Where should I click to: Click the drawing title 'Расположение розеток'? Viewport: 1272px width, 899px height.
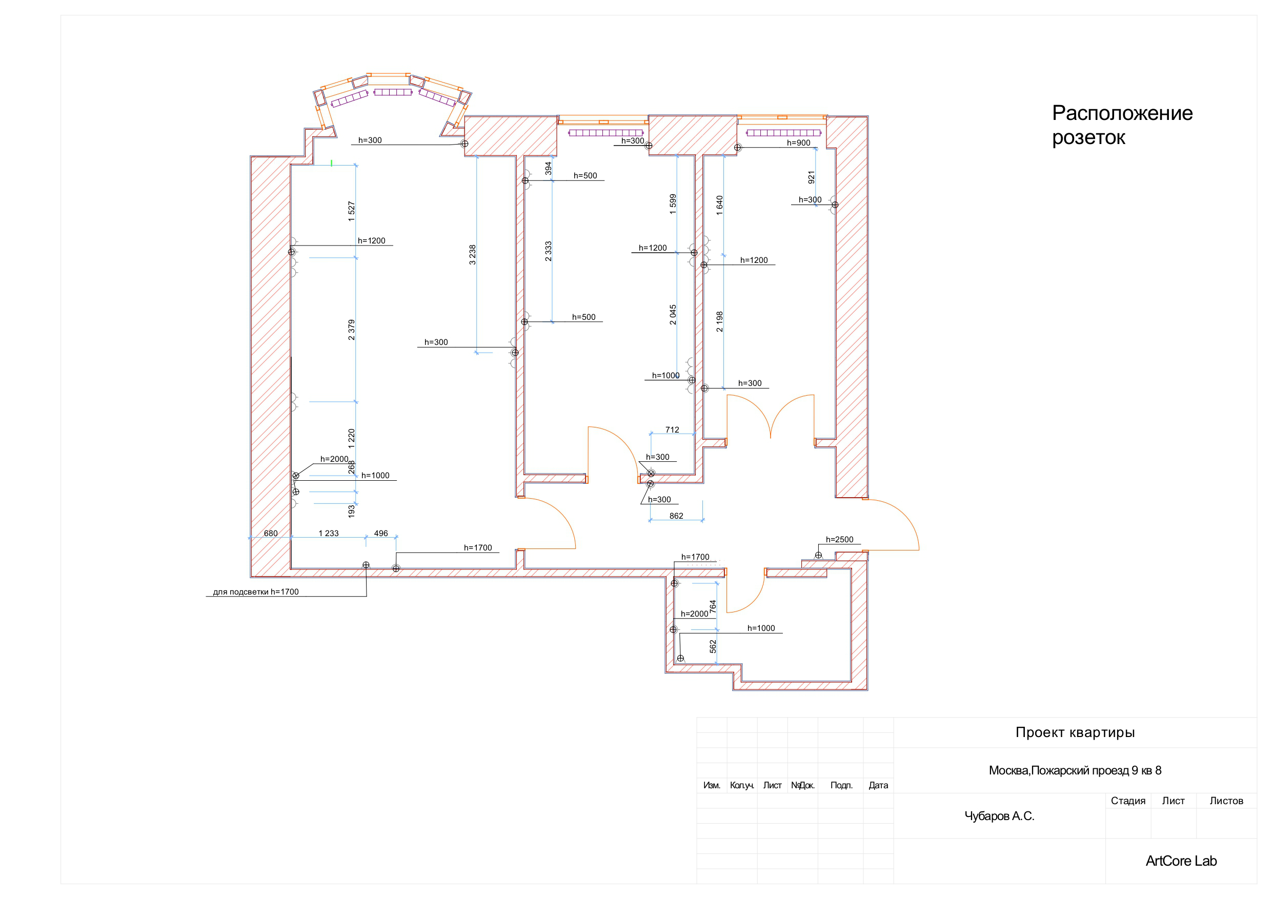[x=1122, y=125]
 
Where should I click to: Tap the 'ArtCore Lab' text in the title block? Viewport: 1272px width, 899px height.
[x=1181, y=861]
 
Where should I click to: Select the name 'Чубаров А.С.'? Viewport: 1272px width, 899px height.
[x=999, y=816]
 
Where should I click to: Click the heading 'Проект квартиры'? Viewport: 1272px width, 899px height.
[x=1075, y=733]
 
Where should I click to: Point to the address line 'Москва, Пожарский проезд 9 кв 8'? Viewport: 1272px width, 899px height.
[x=1075, y=770]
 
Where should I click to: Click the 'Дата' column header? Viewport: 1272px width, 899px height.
[x=878, y=785]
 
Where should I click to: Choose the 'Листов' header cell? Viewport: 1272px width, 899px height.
[x=1226, y=801]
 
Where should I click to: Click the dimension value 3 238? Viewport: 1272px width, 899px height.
[x=473, y=255]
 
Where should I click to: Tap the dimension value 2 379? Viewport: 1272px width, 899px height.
[x=351, y=330]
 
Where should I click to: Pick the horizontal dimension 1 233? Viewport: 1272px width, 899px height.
[x=329, y=534]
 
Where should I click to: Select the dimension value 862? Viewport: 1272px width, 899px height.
[x=676, y=516]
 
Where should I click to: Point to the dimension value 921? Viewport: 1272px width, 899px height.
[x=811, y=177]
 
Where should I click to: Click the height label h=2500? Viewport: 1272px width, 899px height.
[x=839, y=540]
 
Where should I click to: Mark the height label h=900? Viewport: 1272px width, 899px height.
[x=798, y=143]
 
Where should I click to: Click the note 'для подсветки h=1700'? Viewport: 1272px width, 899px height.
[x=256, y=591]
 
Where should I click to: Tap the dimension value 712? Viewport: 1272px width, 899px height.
[x=672, y=430]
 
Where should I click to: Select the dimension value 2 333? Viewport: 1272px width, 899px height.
[x=549, y=251]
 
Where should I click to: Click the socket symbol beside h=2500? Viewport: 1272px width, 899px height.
[x=818, y=555]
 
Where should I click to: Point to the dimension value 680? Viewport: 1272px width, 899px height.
[x=271, y=534]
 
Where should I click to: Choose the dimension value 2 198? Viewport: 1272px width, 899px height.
[x=719, y=322]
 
